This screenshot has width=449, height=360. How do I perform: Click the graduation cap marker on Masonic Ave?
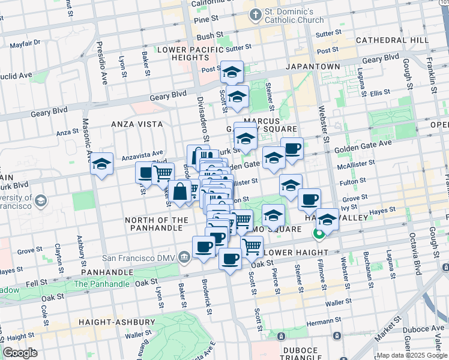point(102,163)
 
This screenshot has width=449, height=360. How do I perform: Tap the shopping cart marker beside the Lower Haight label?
point(252,245)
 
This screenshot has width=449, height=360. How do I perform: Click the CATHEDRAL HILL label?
point(392,40)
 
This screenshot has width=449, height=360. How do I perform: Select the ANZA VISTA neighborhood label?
point(137,124)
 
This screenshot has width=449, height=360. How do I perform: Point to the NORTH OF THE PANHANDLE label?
point(157,224)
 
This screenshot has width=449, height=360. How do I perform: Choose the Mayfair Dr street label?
point(25,43)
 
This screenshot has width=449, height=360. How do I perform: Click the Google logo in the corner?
point(20,353)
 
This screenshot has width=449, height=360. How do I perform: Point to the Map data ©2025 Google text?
point(411,355)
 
